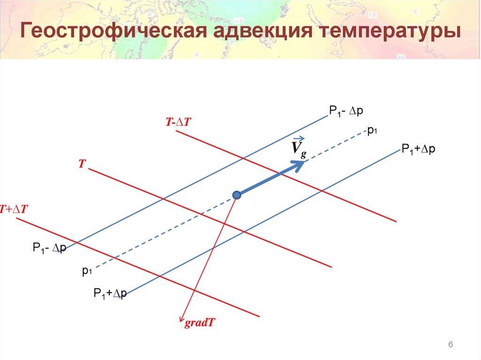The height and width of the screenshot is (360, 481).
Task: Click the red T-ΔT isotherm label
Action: pyautogui.click(x=177, y=122)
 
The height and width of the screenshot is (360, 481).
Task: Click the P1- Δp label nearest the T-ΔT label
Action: pyautogui.click(x=346, y=111)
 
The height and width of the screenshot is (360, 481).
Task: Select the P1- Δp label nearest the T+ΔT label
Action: pyautogui.click(x=49, y=248)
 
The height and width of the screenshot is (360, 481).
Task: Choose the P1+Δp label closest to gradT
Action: pyautogui.click(x=110, y=294)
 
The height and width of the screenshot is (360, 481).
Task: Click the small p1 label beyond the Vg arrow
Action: pyautogui.click(x=373, y=131)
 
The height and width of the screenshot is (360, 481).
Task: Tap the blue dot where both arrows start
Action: pyautogui.click(x=237, y=195)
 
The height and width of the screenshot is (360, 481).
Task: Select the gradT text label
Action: pyautogui.click(x=200, y=323)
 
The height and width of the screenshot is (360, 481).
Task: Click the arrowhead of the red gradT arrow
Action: pyautogui.click(x=181, y=320)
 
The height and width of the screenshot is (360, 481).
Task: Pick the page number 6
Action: pyautogui.click(x=450, y=345)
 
